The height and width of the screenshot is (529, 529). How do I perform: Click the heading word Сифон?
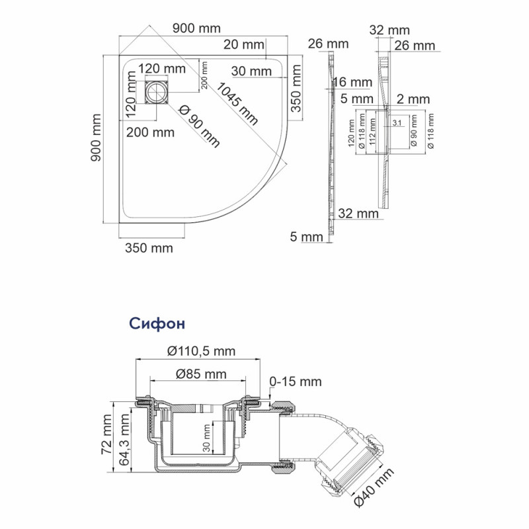(157, 323)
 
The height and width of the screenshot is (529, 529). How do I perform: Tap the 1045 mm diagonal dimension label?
(237, 104)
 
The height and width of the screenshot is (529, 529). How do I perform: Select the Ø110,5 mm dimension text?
(201, 351)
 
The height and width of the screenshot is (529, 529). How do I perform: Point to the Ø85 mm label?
(201, 374)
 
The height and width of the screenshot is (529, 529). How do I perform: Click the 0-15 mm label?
(295, 382)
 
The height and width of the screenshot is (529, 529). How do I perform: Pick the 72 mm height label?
(107, 434)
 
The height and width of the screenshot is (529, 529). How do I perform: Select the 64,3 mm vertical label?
(124, 440)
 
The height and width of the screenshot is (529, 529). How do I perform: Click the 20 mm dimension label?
(243, 44)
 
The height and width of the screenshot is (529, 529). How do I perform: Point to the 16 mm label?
(352, 82)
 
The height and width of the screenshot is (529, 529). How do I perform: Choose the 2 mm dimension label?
(413, 99)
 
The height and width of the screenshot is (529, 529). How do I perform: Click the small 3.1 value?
(397, 123)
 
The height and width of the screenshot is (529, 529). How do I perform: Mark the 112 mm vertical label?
(372, 132)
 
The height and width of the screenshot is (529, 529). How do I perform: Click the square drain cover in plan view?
(157, 92)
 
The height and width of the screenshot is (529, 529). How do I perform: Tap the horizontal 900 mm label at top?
(196, 28)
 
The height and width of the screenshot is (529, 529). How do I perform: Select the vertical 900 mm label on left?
(96, 138)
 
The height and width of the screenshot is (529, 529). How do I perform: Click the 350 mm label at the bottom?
(149, 248)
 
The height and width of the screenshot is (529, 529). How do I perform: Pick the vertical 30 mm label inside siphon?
(206, 438)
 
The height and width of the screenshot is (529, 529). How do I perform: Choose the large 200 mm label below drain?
(150, 132)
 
